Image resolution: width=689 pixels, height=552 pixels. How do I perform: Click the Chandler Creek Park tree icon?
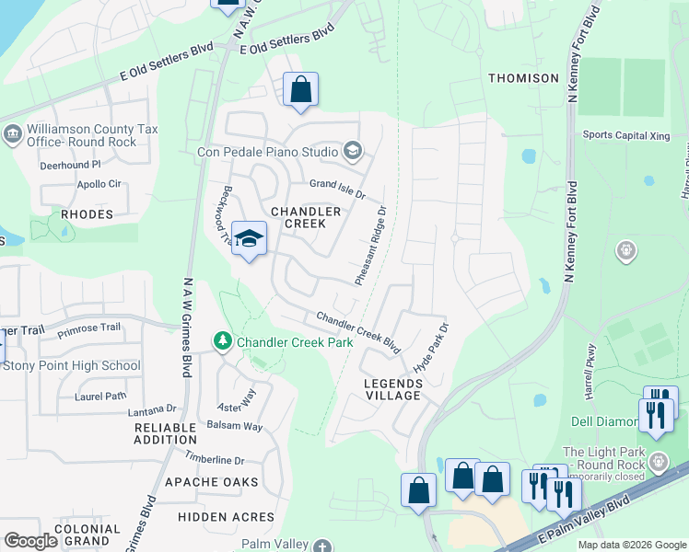point(222,342)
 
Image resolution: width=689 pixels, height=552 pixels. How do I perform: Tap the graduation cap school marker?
point(249,239)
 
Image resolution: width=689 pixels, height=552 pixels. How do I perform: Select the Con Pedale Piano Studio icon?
point(352,150)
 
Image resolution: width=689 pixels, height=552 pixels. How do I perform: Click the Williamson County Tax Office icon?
point(13,136)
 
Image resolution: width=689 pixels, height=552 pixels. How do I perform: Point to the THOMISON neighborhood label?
point(523,78)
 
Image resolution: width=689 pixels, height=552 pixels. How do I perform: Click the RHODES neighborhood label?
point(87,214)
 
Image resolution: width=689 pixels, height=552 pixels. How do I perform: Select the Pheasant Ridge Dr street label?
point(370,245)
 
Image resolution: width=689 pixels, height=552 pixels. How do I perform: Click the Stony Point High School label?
point(72,365)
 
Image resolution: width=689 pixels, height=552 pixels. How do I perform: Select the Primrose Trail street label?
point(89,328)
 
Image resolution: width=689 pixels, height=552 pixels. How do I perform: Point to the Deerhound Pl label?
point(70,166)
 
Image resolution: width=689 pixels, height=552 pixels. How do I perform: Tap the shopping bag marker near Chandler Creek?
point(300,90)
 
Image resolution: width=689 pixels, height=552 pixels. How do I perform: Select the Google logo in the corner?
point(30,541)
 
